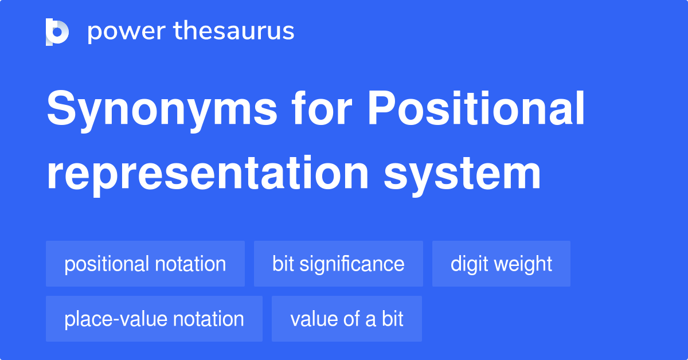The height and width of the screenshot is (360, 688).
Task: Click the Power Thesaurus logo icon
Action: [x=57, y=32]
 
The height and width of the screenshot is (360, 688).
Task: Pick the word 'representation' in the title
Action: [x=208, y=174]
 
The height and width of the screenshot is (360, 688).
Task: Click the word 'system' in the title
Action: [x=462, y=175]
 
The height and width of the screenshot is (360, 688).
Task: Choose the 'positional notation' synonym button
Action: [x=145, y=264]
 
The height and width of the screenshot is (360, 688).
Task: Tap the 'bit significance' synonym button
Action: [x=338, y=264]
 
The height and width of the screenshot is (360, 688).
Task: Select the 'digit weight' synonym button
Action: [x=501, y=264]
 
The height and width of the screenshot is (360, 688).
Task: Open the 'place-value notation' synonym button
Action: [x=154, y=319]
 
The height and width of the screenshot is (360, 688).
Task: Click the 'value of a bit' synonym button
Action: [x=347, y=319]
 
